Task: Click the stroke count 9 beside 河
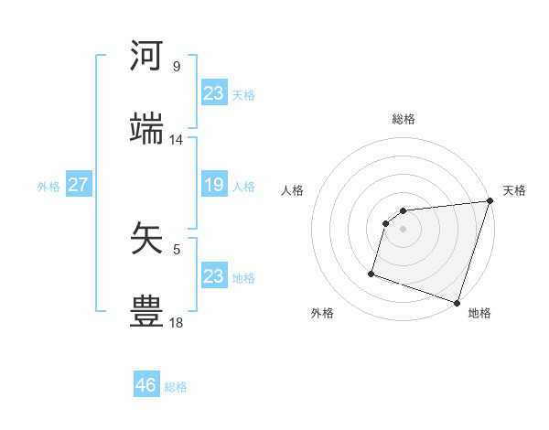coord(177,67)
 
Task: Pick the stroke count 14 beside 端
coord(177,140)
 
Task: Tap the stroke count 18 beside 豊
coord(177,322)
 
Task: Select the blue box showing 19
coord(213,185)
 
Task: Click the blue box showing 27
coord(78,185)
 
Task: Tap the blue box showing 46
coord(146,385)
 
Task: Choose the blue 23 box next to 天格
coord(213,93)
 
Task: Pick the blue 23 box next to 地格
coord(213,276)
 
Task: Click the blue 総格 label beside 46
coord(177,387)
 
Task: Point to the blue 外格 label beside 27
coord(48,187)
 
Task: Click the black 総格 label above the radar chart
coord(404,119)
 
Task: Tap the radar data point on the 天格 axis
coord(490,201)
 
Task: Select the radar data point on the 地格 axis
coord(457,302)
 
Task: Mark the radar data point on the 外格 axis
coord(371,273)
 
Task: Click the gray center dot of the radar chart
coord(404,229)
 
